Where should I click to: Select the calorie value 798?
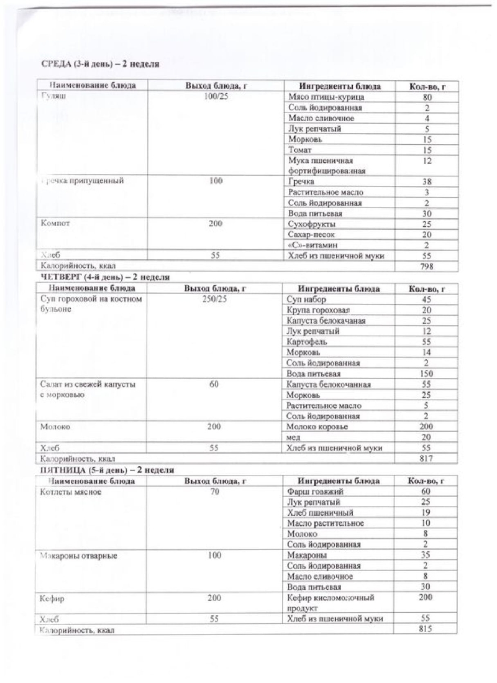point(427,266)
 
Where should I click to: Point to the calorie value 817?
point(427,459)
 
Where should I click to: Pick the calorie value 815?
point(426,628)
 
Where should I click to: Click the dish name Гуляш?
point(54,98)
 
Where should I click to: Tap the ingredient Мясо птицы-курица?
point(326,98)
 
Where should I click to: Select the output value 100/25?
point(216,98)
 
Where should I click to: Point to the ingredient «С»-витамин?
point(314,245)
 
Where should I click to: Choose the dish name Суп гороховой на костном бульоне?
point(91,305)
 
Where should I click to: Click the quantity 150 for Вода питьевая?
point(427,374)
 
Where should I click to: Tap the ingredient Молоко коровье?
point(317,427)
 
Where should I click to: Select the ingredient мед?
point(294,438)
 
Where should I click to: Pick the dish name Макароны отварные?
point(78,556)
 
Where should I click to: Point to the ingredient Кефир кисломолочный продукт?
point(330,602)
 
